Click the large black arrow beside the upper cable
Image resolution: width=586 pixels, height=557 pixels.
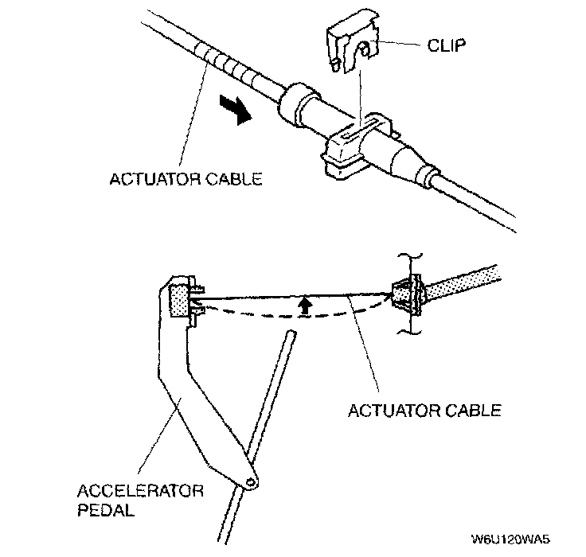(236, 111)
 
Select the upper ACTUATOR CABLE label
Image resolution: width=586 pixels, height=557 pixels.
(186, 180)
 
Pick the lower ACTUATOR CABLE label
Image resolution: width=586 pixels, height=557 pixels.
(424, 411)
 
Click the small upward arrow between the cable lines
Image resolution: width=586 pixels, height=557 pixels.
(303, 306)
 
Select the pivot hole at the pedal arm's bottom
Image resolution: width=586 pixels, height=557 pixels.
(252, 481)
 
